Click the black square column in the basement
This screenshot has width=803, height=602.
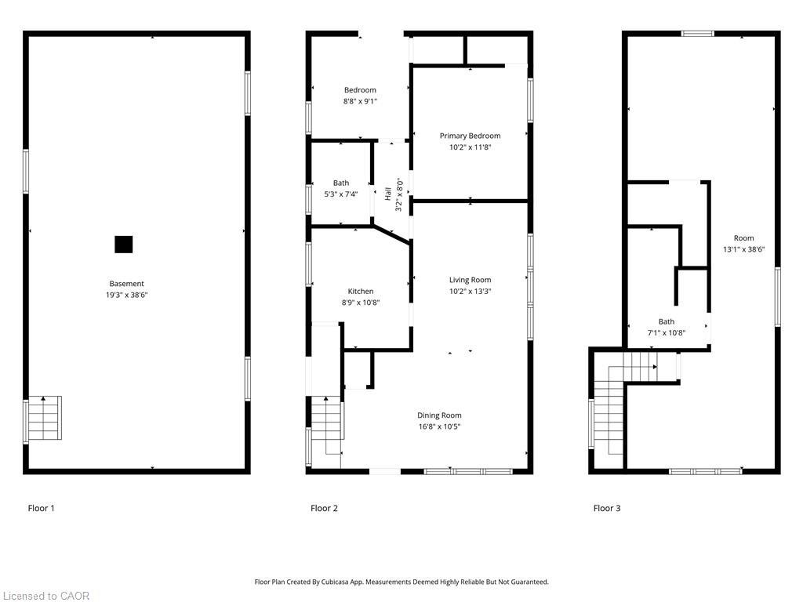point(123,245)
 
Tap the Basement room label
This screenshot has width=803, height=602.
point(126,284)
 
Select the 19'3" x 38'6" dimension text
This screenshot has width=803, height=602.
point(126,296)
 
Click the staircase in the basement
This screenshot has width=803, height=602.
point(45,418)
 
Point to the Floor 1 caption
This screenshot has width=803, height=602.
point(42,508)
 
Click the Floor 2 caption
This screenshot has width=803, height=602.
point(324,508)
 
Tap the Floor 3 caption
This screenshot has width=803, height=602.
point(606,508)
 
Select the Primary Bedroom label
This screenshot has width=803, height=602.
point(470,136)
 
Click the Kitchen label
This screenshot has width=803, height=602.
point(361,291)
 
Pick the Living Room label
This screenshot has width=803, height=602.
point(470,280)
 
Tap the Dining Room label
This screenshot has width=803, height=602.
point(439,415)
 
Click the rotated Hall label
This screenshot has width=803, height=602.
point(388,194)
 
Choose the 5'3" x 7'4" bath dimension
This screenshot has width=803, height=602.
point(340,194)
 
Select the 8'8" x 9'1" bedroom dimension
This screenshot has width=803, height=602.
point(360,101)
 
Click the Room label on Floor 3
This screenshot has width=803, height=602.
point(743,238)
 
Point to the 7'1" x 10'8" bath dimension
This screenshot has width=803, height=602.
point(666,332)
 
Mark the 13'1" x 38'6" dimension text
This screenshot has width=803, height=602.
point(743,249)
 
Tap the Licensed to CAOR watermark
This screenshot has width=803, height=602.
point(45,596)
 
